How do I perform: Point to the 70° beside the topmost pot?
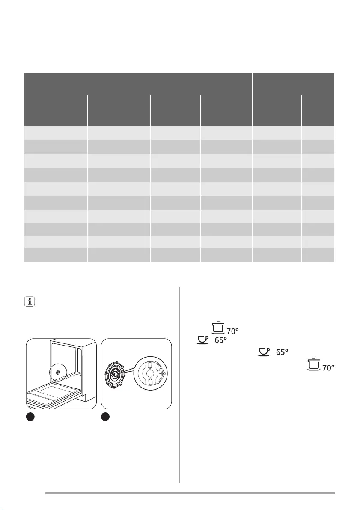click(231, 331)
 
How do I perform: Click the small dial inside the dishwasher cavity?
click(58, 373)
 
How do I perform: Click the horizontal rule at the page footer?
click(190, 493)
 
